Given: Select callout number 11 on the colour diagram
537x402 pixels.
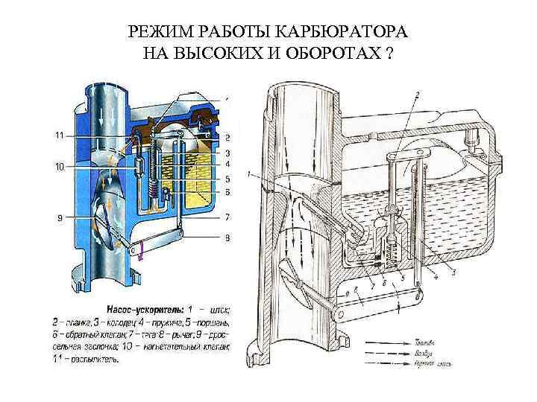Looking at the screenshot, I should (x=59, y=135).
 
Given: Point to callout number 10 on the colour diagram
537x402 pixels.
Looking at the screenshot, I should (x=59, y=166).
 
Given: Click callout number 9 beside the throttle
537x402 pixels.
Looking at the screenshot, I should (x=59, y=217).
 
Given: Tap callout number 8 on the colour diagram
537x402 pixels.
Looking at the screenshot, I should (x=227, y=239).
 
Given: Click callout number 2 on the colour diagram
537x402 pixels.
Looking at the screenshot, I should (x=227, y=138).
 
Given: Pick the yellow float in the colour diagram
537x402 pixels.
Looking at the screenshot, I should (x=198, y=179).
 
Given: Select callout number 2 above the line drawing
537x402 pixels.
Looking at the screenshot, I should (x=417, y=95).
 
